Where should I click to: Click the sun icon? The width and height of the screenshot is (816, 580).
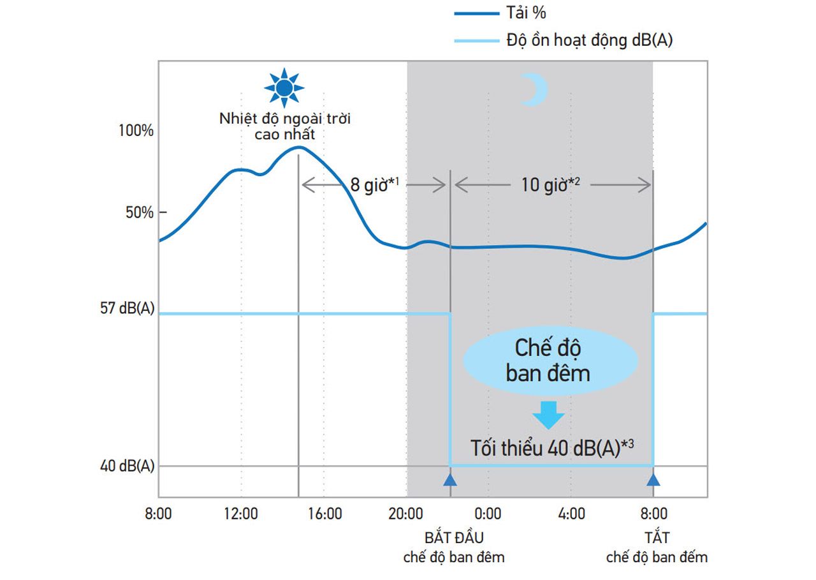point(284,87)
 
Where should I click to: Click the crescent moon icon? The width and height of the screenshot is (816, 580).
point(533,89)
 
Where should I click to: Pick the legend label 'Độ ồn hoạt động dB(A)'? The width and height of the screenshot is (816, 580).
point(590,41)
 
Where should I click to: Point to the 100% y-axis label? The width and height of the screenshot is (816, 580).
point(136,131)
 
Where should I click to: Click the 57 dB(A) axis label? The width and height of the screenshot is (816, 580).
point(127,308)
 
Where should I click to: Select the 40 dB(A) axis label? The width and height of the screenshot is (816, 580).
point(127,466)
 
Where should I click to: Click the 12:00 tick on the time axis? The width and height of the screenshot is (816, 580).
point(241,514)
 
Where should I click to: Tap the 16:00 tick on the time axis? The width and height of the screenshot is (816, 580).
point(324,514)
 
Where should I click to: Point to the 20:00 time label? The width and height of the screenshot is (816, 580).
point(406,514)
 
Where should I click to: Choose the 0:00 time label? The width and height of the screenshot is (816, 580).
point(488,514)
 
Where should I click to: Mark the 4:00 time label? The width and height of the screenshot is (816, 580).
point(571,514)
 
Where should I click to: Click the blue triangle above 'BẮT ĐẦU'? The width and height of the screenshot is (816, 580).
point(451,480)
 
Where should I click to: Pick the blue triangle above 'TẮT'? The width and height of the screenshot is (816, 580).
point(653,480)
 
